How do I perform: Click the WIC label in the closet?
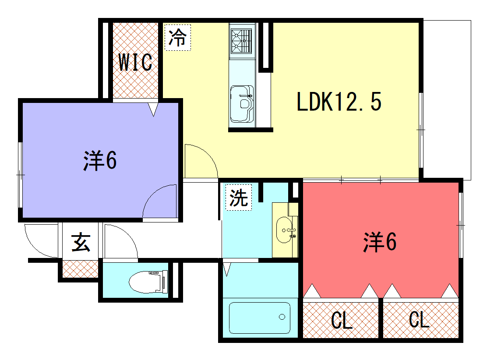135,62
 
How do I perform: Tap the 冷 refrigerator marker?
178,37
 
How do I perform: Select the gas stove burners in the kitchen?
242,41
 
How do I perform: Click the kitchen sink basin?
242,104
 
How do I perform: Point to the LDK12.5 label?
339,102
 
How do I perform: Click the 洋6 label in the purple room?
100,160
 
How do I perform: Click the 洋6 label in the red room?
380,242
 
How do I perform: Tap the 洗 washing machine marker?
239,198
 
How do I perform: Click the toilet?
148,282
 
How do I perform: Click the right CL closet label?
419,319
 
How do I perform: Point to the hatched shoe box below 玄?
80,269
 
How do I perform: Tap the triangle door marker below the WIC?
153,109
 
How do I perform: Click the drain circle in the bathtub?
282,317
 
